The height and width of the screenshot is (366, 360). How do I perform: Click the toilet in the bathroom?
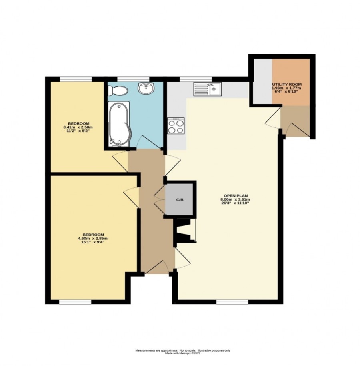118,90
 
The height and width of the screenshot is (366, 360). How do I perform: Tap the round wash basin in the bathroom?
146,88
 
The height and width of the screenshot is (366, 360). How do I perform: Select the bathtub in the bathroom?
119,124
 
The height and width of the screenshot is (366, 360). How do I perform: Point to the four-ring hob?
176,126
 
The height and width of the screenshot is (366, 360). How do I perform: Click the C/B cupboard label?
179,199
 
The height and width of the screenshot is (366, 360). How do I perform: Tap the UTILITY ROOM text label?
286,84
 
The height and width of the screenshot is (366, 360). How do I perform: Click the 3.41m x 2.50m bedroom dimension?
78,127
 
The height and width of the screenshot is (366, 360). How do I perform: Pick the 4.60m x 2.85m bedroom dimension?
93,238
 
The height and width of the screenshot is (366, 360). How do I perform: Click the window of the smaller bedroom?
76,79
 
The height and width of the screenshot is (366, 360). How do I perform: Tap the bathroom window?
133,79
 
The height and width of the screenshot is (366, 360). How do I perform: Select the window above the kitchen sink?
196,79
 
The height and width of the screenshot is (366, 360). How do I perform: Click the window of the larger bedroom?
75,302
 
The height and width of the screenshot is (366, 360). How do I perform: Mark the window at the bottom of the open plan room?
232,302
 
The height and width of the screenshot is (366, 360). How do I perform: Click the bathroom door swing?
149,142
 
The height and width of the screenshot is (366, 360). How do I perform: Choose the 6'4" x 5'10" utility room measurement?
286,91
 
